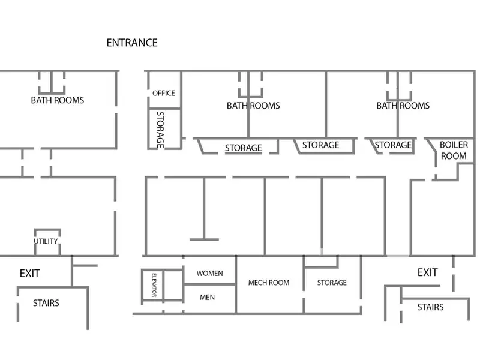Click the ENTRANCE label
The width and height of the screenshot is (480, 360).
pos(132,43)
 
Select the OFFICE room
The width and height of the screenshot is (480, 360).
pos(164,92)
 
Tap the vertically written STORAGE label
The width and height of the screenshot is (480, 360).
pos(161,129)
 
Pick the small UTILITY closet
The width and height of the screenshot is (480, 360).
pos(46,241)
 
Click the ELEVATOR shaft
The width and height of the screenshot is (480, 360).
pos(153,285)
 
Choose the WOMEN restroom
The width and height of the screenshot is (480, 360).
pos(209,273)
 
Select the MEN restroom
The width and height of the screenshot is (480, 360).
pos(208,297)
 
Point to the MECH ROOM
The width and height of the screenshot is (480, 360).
pos(269,283)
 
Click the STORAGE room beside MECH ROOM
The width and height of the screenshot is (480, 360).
pos(332,283)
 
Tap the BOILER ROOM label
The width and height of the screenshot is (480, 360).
pos(454,150)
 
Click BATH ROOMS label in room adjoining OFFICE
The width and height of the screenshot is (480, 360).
pos(253,106)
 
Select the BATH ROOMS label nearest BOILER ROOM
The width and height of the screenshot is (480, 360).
pos(403,106)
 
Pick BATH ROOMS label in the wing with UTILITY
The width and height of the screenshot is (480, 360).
pos(58,100)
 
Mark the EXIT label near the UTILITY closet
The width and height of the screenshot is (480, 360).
pos(29,274)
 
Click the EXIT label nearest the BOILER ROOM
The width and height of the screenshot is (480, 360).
pos(428,272)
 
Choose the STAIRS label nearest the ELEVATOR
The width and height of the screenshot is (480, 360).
pos(46,303)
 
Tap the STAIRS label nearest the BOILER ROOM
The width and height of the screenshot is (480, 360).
pos(430,307)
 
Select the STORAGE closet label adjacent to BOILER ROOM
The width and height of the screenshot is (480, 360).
pos(393,145)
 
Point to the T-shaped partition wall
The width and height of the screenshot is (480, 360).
pos(204,210)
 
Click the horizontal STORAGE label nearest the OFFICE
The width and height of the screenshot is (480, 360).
pos(243,148)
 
